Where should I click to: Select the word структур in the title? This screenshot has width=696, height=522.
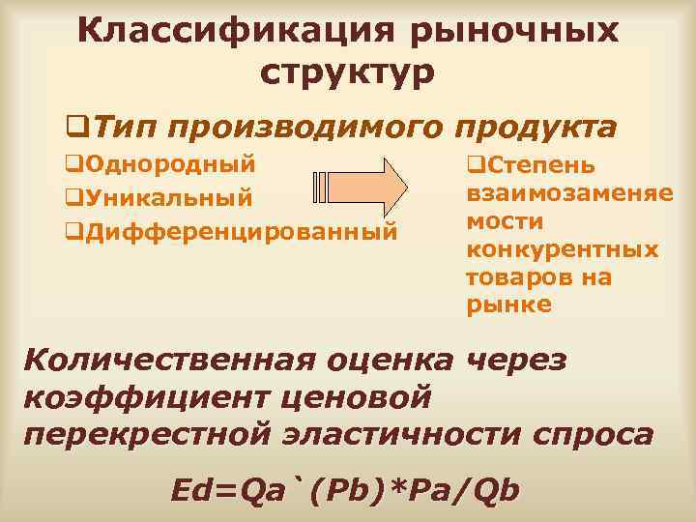(x=348, y=72)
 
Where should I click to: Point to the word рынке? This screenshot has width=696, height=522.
(x=508, y=304)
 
